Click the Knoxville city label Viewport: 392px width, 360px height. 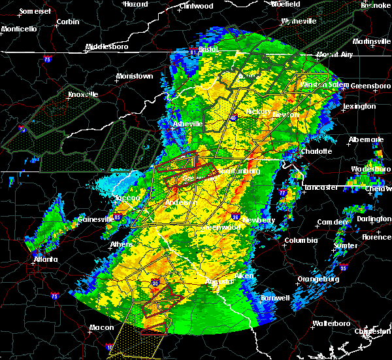click(83, 94)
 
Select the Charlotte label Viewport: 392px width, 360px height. click(316, 152)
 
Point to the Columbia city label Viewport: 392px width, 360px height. click(301, 240)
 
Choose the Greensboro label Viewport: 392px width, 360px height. click(371, 86)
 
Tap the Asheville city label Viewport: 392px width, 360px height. click(188, 124)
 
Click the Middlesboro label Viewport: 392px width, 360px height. click(108, 47)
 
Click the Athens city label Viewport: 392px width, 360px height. click(122, 245)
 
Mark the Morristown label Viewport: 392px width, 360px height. click(134, 76)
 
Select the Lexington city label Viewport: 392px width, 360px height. click(359, 106)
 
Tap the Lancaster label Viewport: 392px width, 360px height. click(321, 188)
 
